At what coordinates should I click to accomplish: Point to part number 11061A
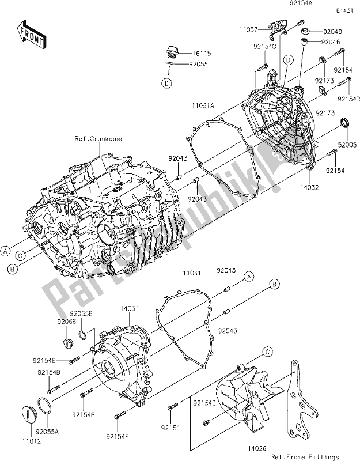click(x=203, y=107)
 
